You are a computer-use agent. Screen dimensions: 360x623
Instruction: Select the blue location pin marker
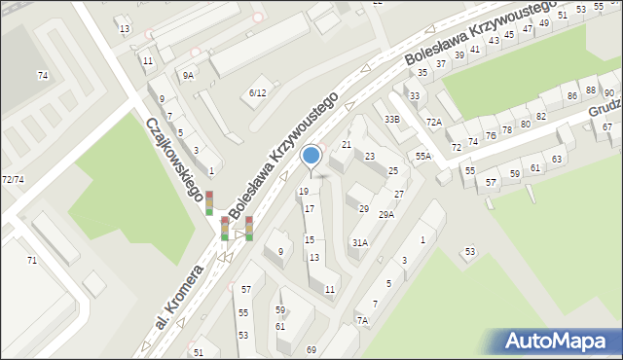311,156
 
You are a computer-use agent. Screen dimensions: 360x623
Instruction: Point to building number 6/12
257,92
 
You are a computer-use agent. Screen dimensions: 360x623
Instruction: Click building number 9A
187,74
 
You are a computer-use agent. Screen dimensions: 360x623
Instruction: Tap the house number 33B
391,119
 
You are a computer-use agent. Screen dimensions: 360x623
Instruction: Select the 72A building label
434,122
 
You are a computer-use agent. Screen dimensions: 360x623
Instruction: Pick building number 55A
422,156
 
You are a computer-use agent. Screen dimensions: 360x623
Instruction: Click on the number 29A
385,214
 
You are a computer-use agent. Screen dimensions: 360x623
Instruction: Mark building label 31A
359,242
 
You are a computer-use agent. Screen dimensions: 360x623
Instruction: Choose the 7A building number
362,320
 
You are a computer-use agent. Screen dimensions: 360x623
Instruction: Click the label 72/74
13,180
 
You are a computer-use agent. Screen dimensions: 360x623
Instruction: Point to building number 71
31,260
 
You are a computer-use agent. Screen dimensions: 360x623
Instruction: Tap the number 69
311,349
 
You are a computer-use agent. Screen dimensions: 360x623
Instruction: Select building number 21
346,145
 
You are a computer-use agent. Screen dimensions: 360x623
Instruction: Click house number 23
370,157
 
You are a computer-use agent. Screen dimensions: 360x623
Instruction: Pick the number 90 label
608,92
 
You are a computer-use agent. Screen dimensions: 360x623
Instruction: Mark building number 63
557,159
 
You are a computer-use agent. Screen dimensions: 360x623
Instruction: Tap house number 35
422,73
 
